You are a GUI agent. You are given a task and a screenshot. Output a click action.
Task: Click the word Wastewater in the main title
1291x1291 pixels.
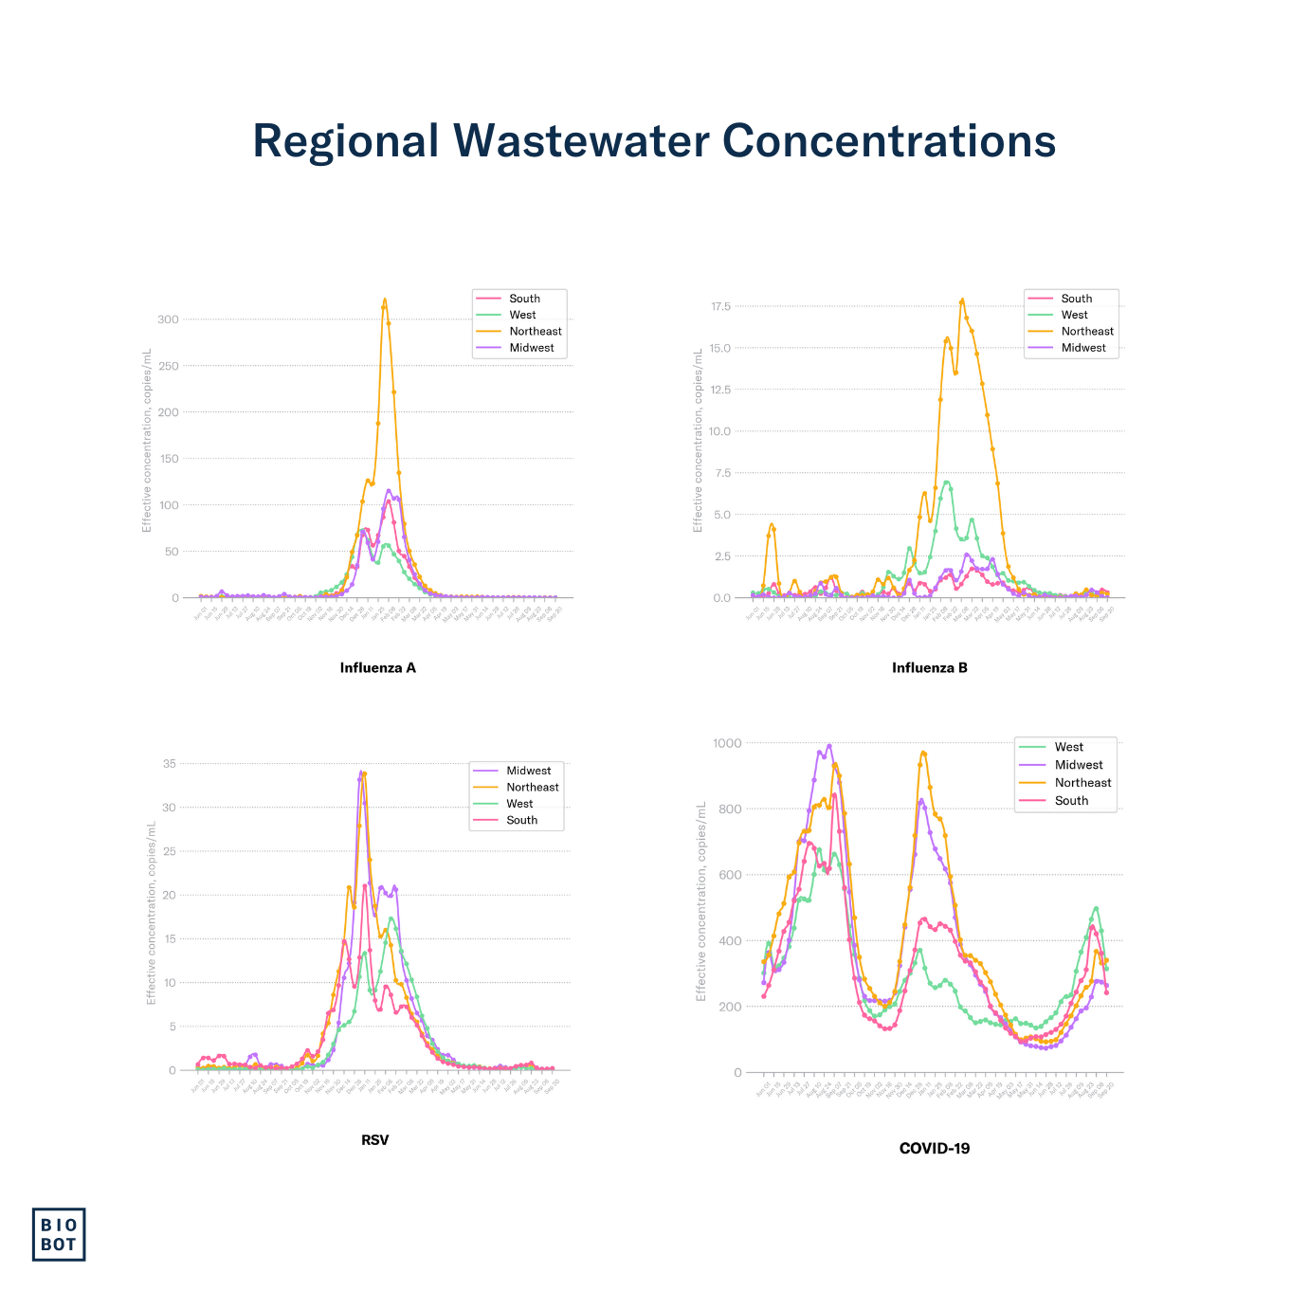581,141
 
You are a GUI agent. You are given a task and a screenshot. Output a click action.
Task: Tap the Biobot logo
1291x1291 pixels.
59,1234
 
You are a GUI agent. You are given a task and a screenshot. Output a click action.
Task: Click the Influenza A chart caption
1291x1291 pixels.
377,667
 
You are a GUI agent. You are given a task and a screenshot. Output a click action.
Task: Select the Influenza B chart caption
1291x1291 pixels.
929,667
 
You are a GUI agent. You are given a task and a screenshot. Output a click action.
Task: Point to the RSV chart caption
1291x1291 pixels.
374,1139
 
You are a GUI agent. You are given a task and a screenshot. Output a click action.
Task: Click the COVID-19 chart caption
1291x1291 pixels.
934,1148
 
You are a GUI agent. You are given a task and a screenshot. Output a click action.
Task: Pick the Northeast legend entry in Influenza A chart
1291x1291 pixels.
535,331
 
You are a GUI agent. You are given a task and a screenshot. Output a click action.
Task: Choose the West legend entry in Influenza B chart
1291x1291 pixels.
1074,315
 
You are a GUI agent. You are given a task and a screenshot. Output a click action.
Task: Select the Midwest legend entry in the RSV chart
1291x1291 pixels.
528,771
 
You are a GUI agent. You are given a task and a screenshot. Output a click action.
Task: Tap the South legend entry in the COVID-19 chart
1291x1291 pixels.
1071,800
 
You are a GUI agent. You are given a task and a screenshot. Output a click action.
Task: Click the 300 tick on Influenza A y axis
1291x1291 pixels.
168,319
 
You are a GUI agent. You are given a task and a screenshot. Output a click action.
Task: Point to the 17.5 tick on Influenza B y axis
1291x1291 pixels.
720,306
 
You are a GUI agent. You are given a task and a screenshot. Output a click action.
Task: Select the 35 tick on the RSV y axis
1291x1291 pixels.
170,763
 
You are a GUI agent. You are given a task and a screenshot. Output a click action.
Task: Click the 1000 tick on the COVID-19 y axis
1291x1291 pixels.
728,743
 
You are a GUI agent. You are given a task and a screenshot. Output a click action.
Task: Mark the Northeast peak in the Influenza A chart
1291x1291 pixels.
385,300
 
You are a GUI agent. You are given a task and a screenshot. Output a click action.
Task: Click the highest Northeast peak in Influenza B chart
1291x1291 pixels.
962,300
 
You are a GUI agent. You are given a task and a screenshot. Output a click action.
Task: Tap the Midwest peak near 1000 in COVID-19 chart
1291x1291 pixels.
828,745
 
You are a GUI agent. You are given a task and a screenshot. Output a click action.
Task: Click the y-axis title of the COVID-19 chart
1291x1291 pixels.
701,900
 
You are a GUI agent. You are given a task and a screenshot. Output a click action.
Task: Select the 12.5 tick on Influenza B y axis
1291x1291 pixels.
720,390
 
